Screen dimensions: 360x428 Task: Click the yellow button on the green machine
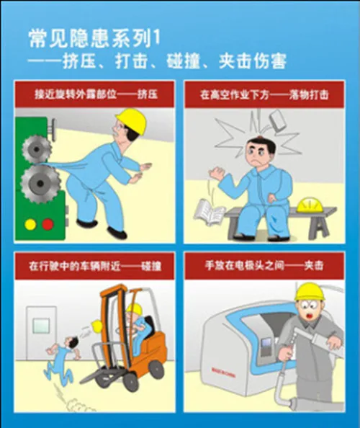30,224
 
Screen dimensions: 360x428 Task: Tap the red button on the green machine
48,224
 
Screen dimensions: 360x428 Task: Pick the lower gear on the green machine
40,184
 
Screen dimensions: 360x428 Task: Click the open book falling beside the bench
210,211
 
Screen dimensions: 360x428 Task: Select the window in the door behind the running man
41,326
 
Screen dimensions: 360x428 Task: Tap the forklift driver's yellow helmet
135,310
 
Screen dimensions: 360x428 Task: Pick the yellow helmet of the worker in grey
310,291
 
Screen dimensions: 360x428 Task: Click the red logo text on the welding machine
223,373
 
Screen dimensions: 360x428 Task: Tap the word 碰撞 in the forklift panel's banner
151,266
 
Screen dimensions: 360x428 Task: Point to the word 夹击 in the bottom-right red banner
314,265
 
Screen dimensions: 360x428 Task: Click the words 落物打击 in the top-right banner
309,95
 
